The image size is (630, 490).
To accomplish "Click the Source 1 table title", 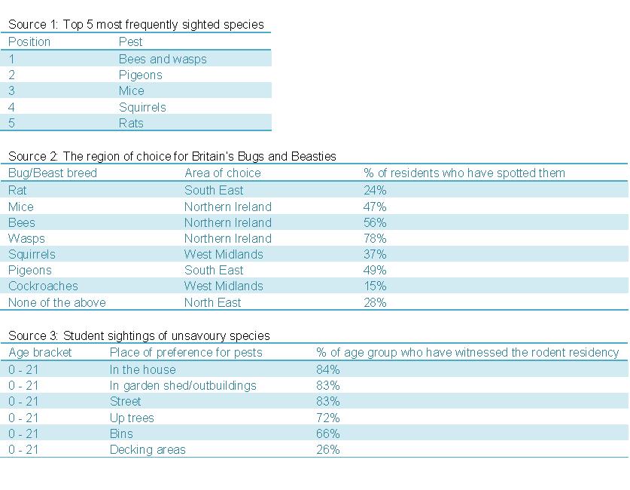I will [x=136, y=24].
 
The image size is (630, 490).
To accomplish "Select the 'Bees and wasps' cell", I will [x=163, y=59].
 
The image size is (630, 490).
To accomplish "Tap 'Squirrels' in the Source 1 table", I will [x=142, y=107].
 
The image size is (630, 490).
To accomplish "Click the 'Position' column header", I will [x=29, y=41].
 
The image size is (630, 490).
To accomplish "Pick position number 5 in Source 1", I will [x=12, y=123].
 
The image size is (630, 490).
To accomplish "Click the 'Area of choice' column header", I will [x=223, y=173].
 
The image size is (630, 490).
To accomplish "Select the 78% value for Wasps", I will [x=375, y=238].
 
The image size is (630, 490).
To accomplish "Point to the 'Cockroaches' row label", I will [x=43, y=286].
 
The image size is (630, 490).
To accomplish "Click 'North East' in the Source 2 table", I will [x=213, y=302].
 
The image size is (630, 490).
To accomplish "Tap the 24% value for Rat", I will [x=375, y=190].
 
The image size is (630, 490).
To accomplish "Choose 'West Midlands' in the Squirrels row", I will [x=224, y=254].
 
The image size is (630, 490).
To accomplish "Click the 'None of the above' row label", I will [x=57, y=302].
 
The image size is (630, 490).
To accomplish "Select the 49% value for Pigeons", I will [x=375, y=270].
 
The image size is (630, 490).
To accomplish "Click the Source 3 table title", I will [x=139, y=335].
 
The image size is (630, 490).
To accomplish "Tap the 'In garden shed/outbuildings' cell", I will [x=183, y=385].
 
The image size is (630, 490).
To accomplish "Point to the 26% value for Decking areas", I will [x=328, y=449].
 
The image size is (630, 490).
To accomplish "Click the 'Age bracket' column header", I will [x=41, y=352].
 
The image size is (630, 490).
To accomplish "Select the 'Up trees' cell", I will [x=132, y=418].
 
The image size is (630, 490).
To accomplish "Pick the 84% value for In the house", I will [x=328, y=369].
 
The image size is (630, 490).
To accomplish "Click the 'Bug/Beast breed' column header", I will [x=53, y=173].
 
